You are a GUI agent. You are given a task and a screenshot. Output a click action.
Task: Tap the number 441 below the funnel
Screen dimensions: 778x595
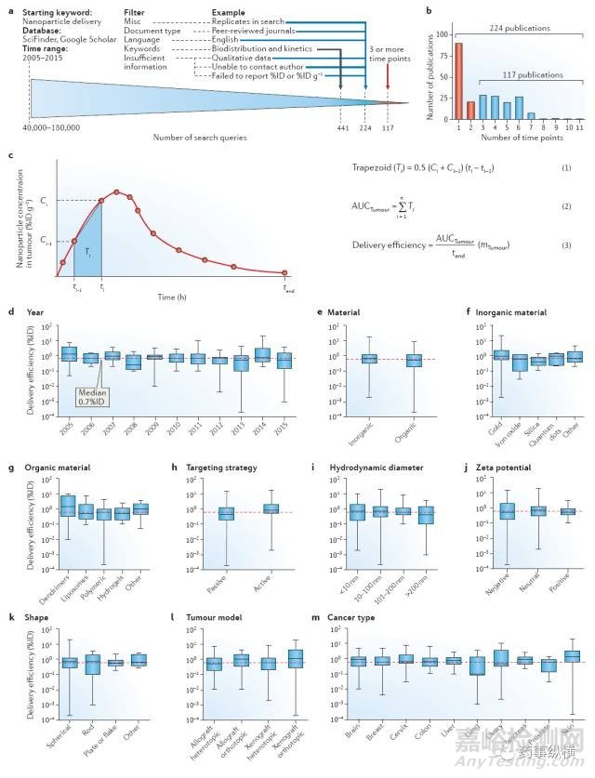click(x=340, y=127)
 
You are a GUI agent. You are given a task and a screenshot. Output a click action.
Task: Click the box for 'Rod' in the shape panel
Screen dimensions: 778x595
click(x=92, y=664)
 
